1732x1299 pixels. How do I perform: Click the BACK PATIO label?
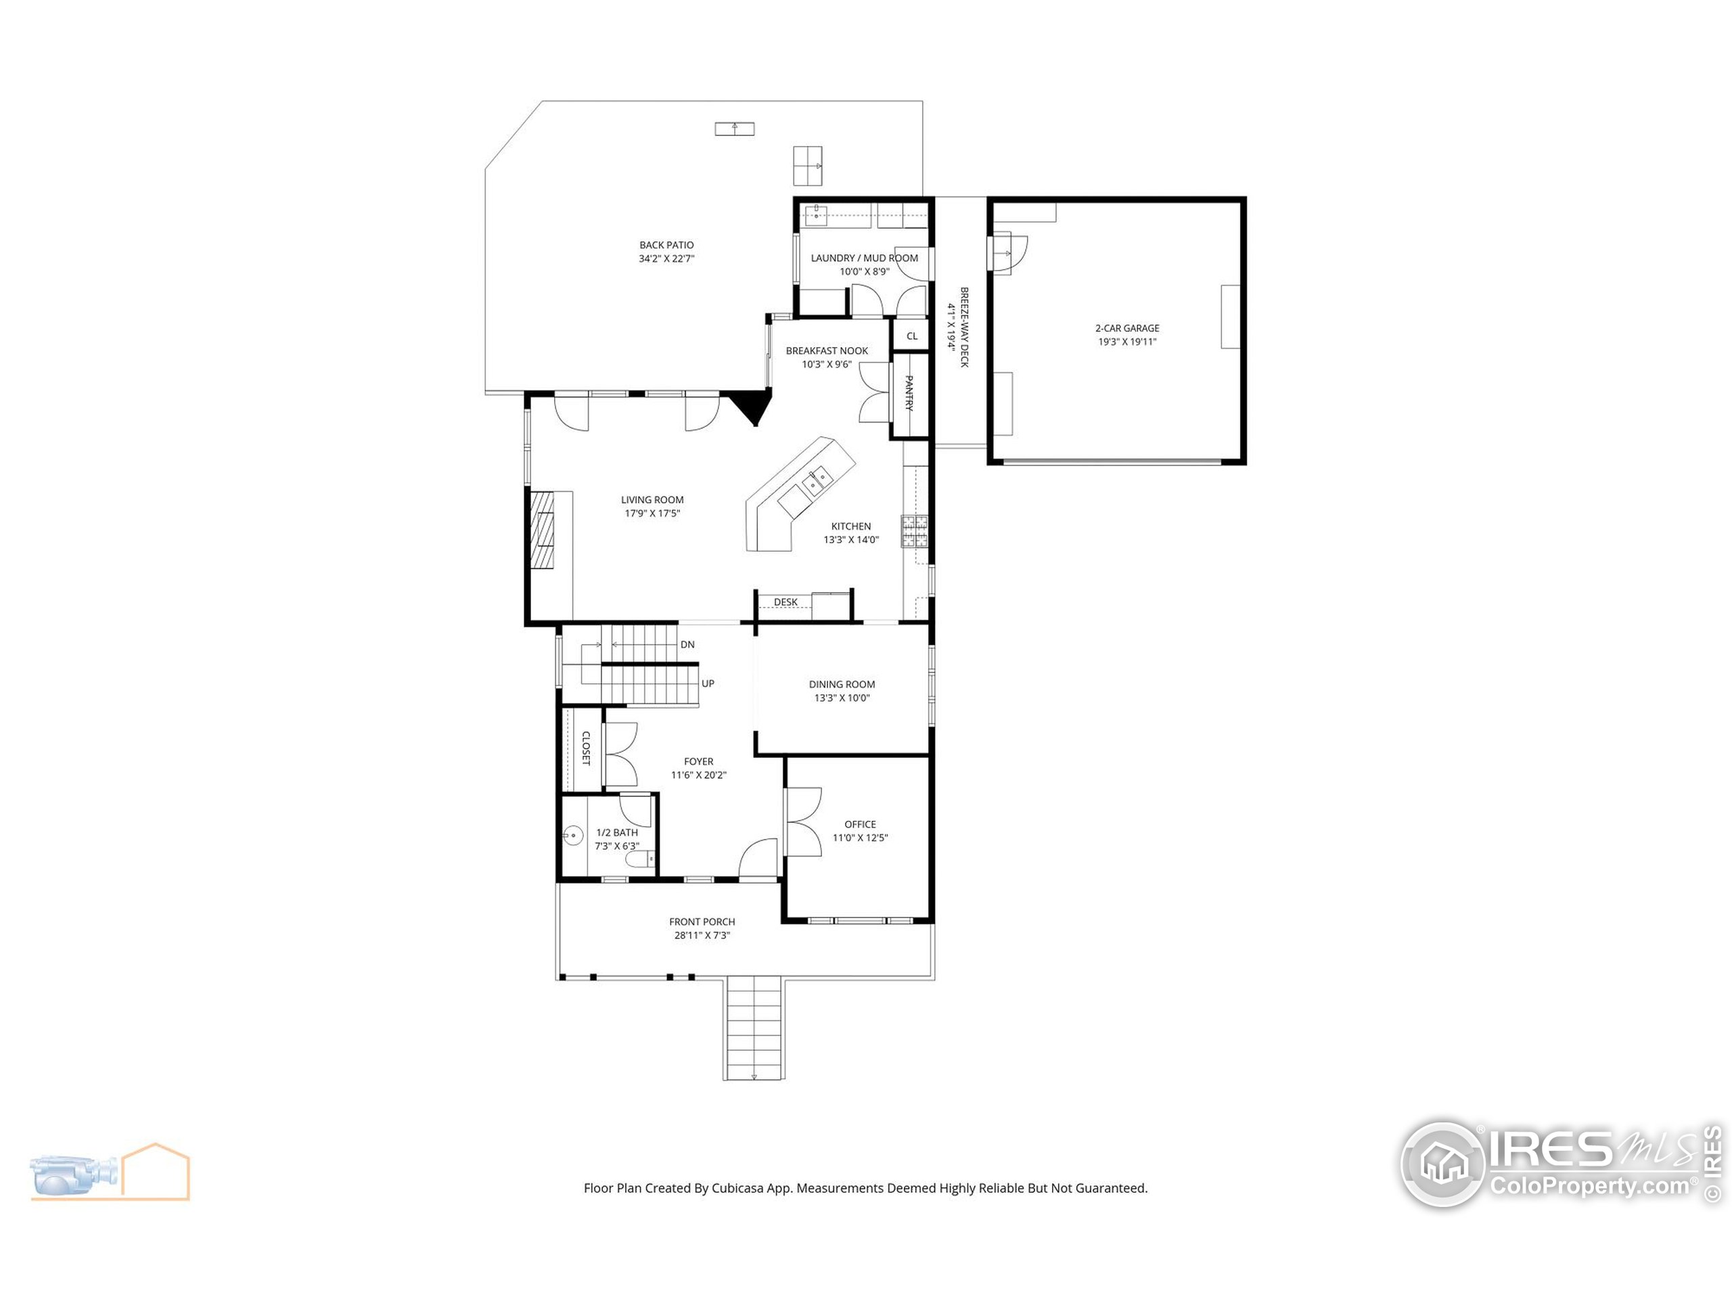pyautogui.click(x=666, y=245)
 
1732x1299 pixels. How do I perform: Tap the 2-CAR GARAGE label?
pyautogui.click(x=1126, y=328)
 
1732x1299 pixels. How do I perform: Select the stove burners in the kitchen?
pyautogui.click(x=914, y=531)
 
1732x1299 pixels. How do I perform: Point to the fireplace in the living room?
pyautogui.click(x=542, y=530)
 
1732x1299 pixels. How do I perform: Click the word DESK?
pyautogui.click(x=785, y=602)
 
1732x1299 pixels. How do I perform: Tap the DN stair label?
pyautogui.click(x=687, y=644)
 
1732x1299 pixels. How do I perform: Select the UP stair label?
pyautogui.click(x=708, y=683)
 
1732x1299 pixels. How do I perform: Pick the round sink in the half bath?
pyautogui.click(x=573, y=837)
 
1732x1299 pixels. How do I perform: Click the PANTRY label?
pyautogui.click(x=909, y=393)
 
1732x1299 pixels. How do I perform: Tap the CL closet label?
pyautogui.click(x=911, y=336)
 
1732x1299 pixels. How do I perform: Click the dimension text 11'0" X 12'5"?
pyautogui.click(x=860, y=838)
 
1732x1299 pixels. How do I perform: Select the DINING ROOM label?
pyautogui.click(x=842, y=685)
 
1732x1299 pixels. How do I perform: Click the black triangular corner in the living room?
pyautogui.click(x=752, y=405)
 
